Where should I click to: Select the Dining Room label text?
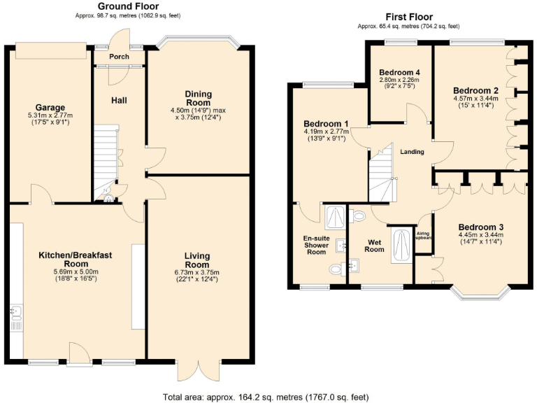198,98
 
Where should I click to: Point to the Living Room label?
197,260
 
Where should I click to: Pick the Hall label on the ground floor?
119,101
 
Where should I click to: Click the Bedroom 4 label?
399,72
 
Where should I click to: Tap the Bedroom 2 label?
475,91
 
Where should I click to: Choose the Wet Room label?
375,245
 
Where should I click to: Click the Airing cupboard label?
424,236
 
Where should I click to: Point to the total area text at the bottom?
266,397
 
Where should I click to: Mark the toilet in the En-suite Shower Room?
335,269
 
